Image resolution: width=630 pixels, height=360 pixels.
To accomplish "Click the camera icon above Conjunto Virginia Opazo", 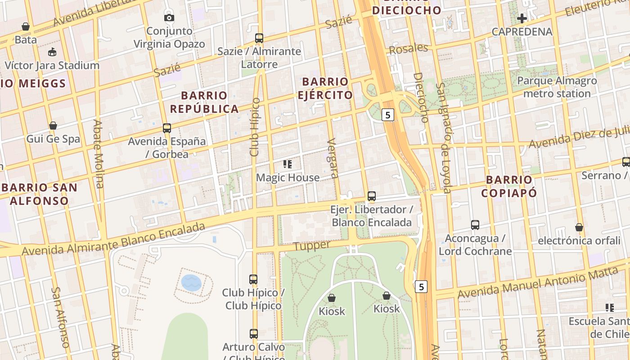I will [169, 18].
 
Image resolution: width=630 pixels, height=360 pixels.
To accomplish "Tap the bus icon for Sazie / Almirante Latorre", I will [259, 38].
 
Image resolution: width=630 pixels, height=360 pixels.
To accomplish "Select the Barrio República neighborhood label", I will [204, 102].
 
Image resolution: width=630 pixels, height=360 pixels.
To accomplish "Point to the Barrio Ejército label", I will [325, 88].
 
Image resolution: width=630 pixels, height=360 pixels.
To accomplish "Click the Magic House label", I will [288, 178].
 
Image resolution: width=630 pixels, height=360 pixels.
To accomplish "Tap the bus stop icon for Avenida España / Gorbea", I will [167, 128].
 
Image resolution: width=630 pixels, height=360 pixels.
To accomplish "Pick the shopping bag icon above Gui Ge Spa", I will [53, 126].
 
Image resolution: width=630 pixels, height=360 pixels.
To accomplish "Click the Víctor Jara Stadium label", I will [52, 65].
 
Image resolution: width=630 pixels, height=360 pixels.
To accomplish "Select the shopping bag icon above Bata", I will [26, 27].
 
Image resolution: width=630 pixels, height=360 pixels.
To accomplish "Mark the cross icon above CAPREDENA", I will [522, 18].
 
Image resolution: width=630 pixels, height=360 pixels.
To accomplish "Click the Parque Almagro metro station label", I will [557, 87].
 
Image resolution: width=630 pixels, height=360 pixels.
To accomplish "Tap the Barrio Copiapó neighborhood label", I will [509, 186].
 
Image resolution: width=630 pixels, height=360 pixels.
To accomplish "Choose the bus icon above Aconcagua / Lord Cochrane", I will [475, 225].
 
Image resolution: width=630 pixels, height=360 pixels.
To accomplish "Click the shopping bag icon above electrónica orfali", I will [579, 227].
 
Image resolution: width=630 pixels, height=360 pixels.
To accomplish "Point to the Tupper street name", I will [312, 246].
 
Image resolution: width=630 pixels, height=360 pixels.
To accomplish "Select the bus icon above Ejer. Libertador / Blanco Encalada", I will [372, 196].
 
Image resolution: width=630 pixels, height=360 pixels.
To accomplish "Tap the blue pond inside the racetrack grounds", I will [191, 283].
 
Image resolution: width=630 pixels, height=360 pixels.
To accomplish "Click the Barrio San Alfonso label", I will [40, 194].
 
